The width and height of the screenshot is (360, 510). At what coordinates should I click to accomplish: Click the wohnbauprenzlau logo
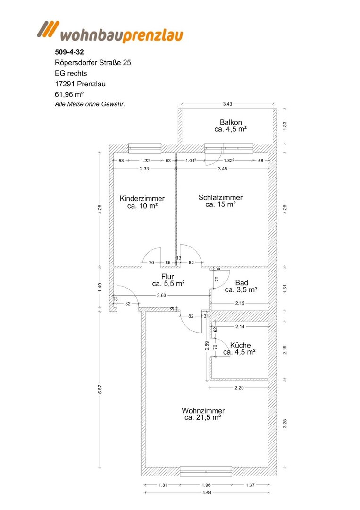110,32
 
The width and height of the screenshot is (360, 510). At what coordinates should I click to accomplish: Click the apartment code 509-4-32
69,52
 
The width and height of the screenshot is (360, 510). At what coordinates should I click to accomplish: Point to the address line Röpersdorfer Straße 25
93,63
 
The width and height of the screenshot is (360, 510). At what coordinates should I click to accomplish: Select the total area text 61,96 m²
69,94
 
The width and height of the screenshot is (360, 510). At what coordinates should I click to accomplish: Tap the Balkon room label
231,126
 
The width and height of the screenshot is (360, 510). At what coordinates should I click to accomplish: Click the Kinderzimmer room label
142,202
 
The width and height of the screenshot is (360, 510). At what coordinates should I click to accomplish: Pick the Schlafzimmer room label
221,201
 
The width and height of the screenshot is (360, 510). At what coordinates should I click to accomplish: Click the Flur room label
168,280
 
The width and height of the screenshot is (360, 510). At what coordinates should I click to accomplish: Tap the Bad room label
241,286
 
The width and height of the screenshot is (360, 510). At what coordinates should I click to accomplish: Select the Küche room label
240,348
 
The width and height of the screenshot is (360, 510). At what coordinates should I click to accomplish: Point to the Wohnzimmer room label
203,415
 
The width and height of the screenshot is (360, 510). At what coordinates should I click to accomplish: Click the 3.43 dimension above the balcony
227,104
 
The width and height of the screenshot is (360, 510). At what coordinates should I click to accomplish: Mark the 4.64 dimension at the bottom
207,493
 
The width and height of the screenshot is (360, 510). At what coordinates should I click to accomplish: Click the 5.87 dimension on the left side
100,390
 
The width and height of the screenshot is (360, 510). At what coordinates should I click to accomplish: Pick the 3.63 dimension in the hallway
161,295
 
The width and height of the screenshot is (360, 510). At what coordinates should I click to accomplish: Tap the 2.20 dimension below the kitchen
239,388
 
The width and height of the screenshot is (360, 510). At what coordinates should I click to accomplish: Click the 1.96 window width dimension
206,485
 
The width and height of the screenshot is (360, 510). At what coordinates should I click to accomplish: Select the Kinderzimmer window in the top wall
145,148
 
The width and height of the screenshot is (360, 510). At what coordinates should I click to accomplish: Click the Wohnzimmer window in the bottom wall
206,472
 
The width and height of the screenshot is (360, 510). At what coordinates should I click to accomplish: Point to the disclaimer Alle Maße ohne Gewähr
90,104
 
